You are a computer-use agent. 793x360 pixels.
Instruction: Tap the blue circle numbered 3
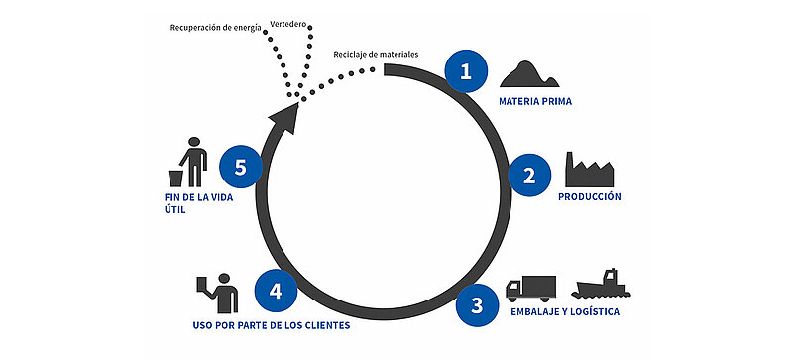point(477,305)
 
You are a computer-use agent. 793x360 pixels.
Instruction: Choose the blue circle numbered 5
point(240,167)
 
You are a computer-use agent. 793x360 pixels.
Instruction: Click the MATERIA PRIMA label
point(534,101)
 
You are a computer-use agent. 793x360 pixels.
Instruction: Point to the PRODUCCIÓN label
point(589,197)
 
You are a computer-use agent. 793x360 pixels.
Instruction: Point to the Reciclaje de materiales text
point(376,52)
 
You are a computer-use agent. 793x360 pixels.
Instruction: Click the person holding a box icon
point(219,293)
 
